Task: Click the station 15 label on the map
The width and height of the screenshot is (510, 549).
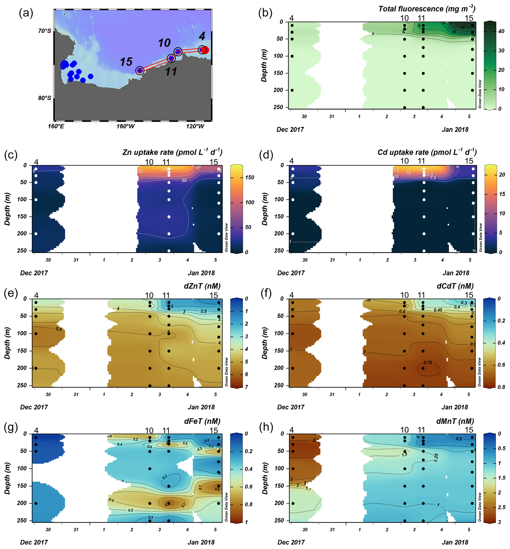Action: [x=126, y=62]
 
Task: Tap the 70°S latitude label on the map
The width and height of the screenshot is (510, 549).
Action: [x=44, y=31]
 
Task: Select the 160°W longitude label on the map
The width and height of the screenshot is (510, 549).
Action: [x=126, y=126]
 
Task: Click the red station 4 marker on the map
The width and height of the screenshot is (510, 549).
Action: [x=205, y=50]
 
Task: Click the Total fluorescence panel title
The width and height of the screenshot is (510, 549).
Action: [x=427, y=9]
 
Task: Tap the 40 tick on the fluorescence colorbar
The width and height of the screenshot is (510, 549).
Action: [x=501, y=32]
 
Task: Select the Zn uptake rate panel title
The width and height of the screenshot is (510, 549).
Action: [x=172, y=152]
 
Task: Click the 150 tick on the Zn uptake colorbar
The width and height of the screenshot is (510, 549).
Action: [x=250, y=178]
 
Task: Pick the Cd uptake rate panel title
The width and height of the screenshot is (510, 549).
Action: [x=427, y=152]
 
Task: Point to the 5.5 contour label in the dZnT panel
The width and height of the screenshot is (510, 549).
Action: [x=58, y=329]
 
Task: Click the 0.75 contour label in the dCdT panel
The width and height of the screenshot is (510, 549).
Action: [x=428, y=363]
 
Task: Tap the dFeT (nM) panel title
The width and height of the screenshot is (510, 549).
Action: [x=202, y=421]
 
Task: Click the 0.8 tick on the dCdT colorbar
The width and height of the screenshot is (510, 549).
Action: [x=501, y=387]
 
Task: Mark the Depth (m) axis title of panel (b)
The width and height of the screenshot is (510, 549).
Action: [x=264, y=65]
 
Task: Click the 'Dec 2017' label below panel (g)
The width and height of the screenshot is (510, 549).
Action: [x=34, y=542]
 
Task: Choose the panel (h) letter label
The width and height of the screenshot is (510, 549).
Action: [x=266, y=427]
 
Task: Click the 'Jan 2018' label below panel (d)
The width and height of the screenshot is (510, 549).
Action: [x=456, y=273]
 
